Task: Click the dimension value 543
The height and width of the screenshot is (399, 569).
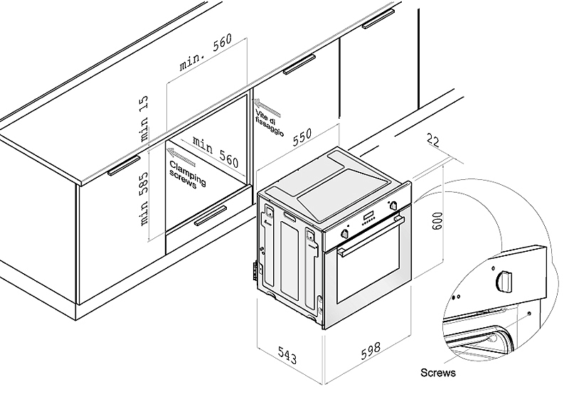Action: click(x=287, y=353)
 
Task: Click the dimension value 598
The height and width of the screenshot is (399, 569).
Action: click(x=368, y=351)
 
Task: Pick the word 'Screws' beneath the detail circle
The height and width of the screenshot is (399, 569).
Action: click(x=437, y=372)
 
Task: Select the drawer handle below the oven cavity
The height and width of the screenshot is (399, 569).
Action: click(x=209, y=216)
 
